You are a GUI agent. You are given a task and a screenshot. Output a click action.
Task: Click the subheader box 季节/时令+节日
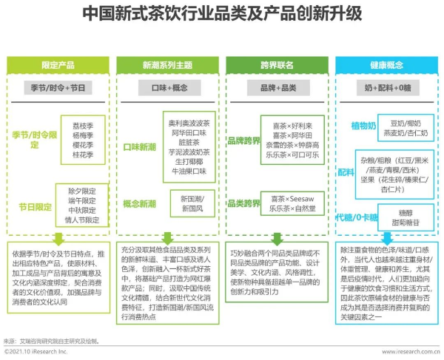pos(58,88)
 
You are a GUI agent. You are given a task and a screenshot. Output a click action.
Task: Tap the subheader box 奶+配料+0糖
pos(385,88)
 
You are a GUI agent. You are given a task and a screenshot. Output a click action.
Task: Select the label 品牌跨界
pos(246,140)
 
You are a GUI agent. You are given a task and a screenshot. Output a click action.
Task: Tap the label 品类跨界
pos(246,203)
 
